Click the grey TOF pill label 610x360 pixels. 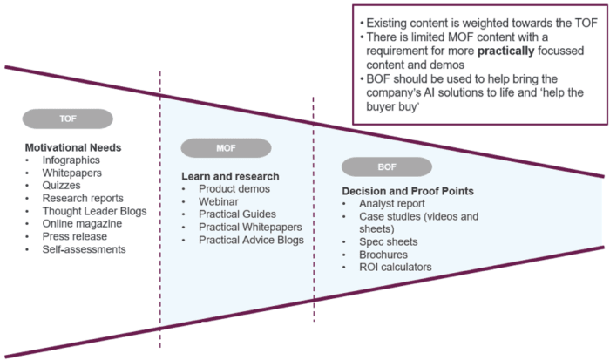click(x=67, y=119)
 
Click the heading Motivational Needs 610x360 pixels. click(x=73, y=147)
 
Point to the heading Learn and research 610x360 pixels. click(x=229, y=176)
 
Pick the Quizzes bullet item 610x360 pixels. click(x=61, y=186)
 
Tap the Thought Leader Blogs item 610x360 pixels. click(x=94, y=211)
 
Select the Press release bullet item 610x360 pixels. click(x=75, y=236)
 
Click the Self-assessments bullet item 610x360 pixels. click(x=84, y=249)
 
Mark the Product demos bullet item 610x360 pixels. click(x=234, y=189)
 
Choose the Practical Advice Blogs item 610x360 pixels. click(x=251, y=240)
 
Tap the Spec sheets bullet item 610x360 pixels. click(x=389, y=241)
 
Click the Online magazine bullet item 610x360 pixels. click(x=83, y=223)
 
